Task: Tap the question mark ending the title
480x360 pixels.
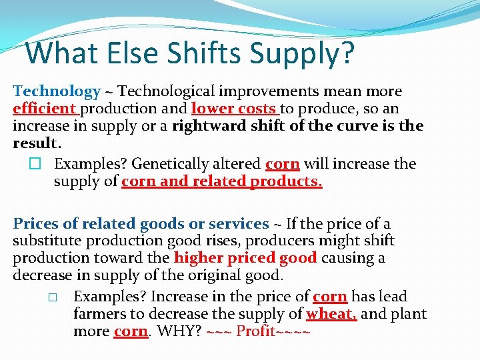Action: click(x=345, y=53)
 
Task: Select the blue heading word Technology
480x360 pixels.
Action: click(x=57, y=91)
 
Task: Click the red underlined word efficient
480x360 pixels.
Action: click(x=44, y=109)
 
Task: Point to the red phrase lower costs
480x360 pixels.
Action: click(x=233, y=109)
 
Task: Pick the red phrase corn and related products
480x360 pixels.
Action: click(x=221, y=181)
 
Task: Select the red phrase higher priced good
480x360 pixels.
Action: click(x=245, y=258)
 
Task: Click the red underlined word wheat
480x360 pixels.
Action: click(x=331, y=313)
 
